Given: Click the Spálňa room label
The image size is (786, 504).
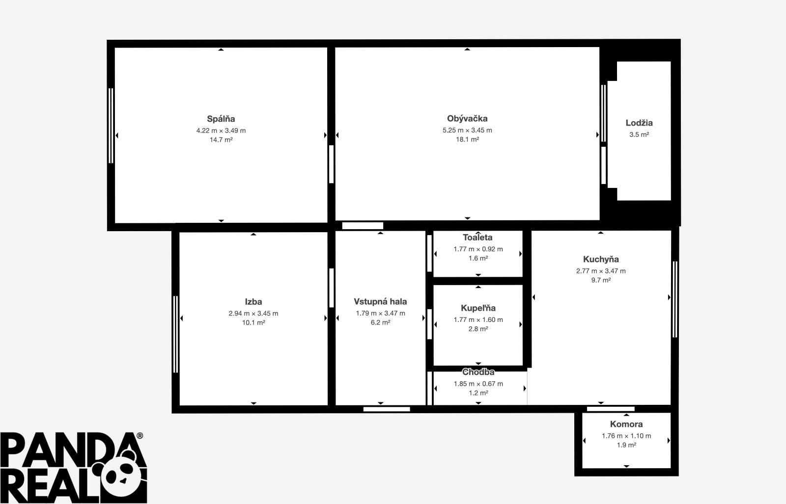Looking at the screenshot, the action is [221, 119].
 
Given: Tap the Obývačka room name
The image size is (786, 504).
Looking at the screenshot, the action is [467, 118].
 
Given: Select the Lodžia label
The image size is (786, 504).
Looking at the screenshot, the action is [639, 123].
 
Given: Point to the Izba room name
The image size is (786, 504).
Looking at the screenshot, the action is [253, 301].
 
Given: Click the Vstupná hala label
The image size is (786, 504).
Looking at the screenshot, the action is [380, 301].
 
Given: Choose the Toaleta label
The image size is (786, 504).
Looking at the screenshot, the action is [477, 238].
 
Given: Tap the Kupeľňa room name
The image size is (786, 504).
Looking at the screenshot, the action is [478, 308].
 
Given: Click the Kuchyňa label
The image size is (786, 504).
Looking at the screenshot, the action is [601, 259].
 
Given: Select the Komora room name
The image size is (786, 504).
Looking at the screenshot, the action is [626, 424].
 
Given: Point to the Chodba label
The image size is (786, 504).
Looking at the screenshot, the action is [478, 372].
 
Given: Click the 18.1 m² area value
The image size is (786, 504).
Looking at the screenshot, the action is [467, 139].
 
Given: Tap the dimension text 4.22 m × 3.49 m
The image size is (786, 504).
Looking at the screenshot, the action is [221, 131].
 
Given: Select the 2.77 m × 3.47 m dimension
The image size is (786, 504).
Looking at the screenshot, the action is [601, 271].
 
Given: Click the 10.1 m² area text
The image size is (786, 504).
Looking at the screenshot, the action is [253, 322].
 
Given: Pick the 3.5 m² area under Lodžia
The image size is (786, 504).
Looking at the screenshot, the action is [639, 134].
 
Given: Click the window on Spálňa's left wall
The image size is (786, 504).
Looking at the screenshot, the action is [111, 126].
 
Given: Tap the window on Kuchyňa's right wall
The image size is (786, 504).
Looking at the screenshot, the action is [675, 299].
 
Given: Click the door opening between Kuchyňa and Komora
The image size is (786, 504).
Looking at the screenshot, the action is [611, 409].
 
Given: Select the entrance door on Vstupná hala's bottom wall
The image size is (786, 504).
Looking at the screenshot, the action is [387, 409].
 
